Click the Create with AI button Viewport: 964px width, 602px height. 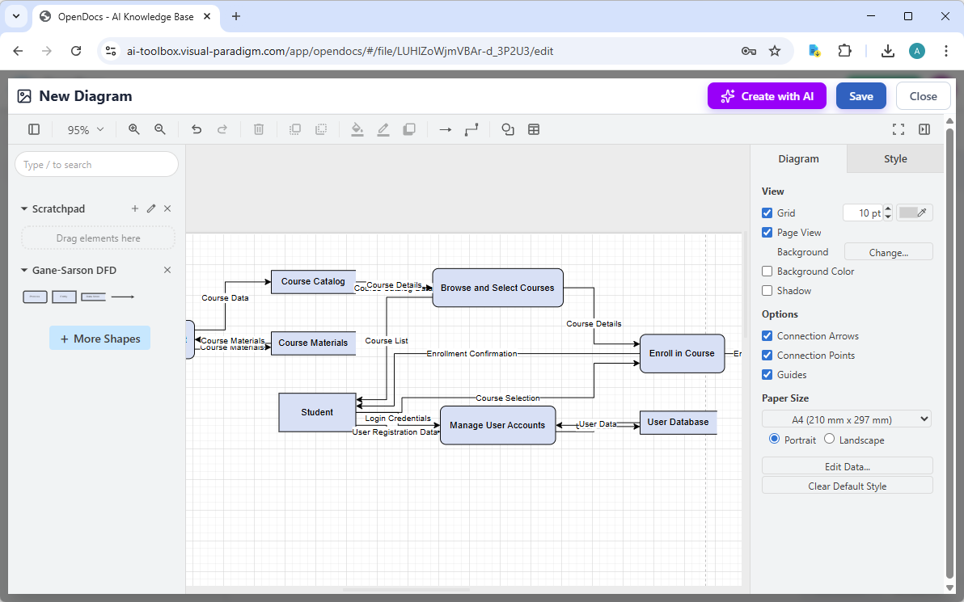click(767, 96)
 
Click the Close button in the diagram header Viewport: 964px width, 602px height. click(923, 96)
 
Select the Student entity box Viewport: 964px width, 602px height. click(317, 412)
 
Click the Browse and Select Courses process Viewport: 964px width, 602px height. click(497, 288)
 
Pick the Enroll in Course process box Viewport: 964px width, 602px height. click(682, 353)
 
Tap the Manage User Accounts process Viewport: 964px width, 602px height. click(497, 425)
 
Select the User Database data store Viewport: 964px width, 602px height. click(678, 422)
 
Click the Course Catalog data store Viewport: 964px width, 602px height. click(313, 281)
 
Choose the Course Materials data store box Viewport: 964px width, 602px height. click(313, 343)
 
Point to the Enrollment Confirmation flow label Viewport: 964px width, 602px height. click(471, 354)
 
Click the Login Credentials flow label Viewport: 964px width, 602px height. click(398, 419)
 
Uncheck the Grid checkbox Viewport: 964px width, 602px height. click(767, 213)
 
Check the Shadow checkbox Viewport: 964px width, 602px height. click(767, 291)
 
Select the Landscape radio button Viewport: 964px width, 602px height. click(830, 440)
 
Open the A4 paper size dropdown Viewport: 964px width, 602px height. click(847, 419)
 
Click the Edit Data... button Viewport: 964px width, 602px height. click(847, 466)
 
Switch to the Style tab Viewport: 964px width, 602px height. click(894, 159)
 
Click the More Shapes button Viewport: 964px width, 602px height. click(99, 339)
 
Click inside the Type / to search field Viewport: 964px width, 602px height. click(96, 165)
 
